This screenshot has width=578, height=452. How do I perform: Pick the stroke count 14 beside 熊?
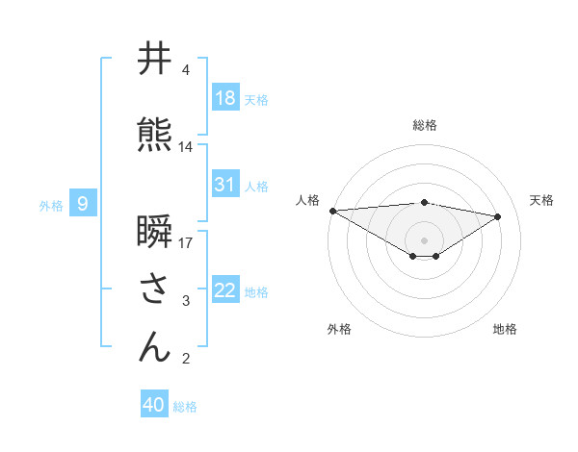click(x=186, y=147)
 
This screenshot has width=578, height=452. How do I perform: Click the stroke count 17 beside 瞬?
click(x=186, y=241)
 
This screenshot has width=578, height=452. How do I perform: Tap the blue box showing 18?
click(x=225, y=98)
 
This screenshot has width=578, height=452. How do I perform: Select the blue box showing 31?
click(x=225, y=185)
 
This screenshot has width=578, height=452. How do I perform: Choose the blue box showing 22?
click(x=225, y=291)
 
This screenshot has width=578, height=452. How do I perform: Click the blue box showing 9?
click(x=84, y=203)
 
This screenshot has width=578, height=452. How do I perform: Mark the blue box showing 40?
click(x=154, y=405)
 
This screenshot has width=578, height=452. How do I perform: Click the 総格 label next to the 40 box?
click(x=185, y=407)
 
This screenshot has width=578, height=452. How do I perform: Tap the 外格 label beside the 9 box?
click(x=51, y=205)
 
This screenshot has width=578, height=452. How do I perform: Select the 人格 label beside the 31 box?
click(x=256, y=187)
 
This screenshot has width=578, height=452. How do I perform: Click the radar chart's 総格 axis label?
click(x=424, y=125)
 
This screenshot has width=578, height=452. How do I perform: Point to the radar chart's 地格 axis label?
click(x=505, y=329)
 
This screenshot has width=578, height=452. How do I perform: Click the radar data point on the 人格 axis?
click(x=332, y=211)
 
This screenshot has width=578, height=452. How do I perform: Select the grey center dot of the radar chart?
click(x=424, y=239)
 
